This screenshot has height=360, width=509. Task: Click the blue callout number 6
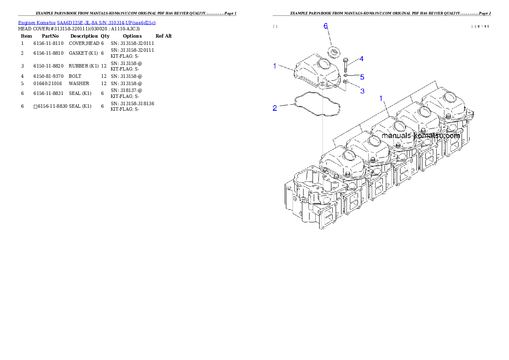point(326,27)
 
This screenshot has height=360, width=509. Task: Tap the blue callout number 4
point(361,59)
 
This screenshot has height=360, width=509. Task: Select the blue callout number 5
point(362,77)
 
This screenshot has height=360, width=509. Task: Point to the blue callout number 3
point(362,91)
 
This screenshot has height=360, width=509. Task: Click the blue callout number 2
point(275,108)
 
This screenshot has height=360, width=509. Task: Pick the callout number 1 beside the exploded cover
point(275,65)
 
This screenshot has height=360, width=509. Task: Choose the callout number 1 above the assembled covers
point(381,98)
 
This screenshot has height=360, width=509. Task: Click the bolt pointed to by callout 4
point(345,65)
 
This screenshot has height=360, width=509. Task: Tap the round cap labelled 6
point(334,52)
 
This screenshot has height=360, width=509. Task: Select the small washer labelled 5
point(345,75)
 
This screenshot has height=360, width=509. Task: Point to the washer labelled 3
point(345,81)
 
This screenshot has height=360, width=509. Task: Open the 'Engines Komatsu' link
point(37,22)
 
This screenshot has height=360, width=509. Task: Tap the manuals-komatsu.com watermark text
point(420,136)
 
